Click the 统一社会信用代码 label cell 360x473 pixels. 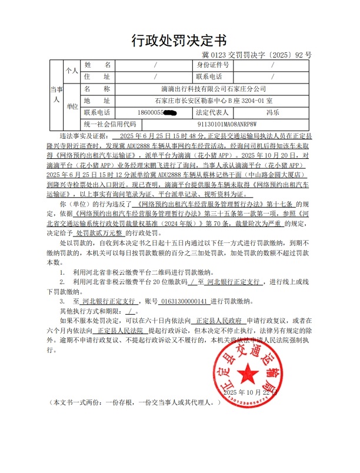tap(109, 124)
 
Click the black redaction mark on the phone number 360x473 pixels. tap(171, 112)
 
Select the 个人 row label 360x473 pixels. tap(72, 71)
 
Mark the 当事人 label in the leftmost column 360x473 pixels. tap(56, 94)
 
